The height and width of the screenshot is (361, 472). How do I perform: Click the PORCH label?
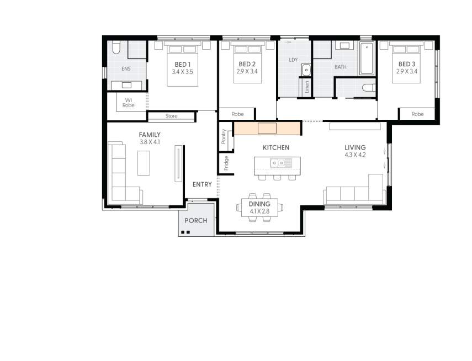coord(196,220)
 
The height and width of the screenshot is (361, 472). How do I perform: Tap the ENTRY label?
coord(201,184)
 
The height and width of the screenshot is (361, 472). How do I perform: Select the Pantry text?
coord(224,137)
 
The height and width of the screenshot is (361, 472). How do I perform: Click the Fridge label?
coord(226,162)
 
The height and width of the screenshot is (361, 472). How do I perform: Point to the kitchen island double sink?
coord(281,162)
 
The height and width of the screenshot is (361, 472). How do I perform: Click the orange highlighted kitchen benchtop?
coord(267,128)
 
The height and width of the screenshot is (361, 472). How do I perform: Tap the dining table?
coord(259,208)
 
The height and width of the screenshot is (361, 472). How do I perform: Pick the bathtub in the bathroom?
coord(367,59)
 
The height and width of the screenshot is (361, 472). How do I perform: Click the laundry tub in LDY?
coord(306,70)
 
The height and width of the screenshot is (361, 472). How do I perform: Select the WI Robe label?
coord(128,102)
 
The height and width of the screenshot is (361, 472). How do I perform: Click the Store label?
coord(171,116)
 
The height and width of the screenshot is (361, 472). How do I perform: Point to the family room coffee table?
coord(144,163)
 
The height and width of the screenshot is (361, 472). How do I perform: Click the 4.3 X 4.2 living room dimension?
coord(355,155)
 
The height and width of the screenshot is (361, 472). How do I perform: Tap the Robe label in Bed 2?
coord(237,114)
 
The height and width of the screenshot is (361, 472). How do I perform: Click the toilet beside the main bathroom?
coord(368,87)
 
